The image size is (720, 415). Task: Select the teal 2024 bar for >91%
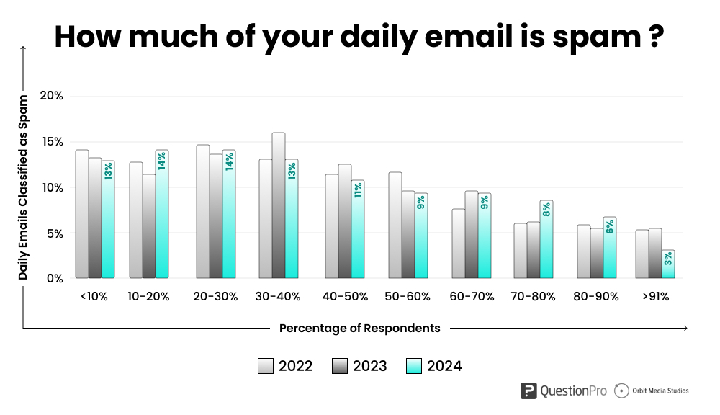[x=669, y=264]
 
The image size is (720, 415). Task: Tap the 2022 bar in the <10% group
[x=82, y=214]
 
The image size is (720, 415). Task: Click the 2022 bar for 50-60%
[x=395, y=225]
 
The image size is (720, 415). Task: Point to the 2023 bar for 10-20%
[x=149, y=226]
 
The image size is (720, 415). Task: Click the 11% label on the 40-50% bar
[x=358, y=190]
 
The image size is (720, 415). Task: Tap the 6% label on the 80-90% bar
[x=610, y=227]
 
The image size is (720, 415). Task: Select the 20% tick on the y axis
[x=52, y=96]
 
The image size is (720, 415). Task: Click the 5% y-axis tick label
[x=55, y=233]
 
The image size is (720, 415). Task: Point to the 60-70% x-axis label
[x=472, y=296]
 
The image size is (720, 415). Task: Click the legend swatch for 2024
[x=414, y=366]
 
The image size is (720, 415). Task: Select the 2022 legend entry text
[x=295, y=366]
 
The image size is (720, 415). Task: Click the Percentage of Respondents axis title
[x=359, y=328]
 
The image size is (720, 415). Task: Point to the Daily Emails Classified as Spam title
[x=23, y=187]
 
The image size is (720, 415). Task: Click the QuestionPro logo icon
[x=529, y=391]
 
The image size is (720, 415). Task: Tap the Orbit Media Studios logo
[x=652, y=391]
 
